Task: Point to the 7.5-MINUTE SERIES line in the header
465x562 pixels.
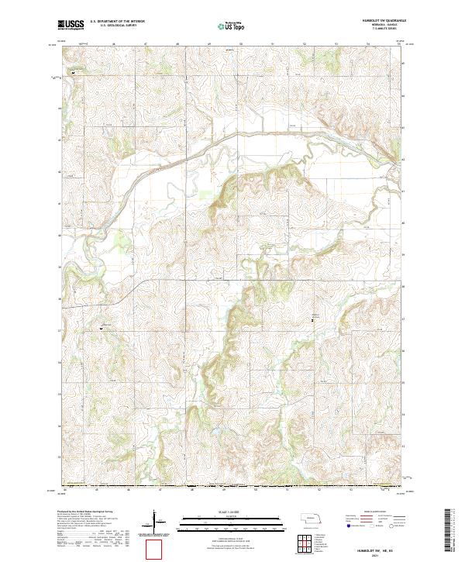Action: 378,31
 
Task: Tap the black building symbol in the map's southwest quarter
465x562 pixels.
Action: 102,329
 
